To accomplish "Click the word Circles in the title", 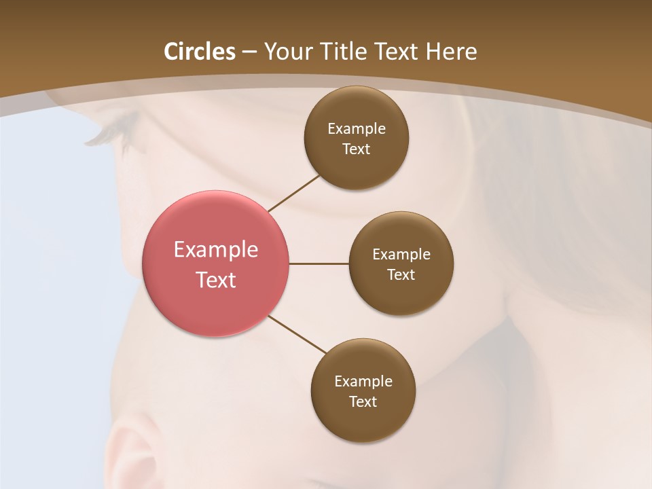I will pos(200,52).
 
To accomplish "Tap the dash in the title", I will pos(249,52).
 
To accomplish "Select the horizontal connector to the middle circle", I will pos(319,264).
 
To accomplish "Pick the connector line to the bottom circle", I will pos(297,334).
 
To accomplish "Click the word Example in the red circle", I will pos(216,250).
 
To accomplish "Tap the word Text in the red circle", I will pos(216,280).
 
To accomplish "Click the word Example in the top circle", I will pos(357,129).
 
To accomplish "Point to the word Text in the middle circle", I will pos(401,274).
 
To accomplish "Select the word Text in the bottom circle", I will pos(363,401).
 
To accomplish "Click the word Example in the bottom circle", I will pos(363,381).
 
